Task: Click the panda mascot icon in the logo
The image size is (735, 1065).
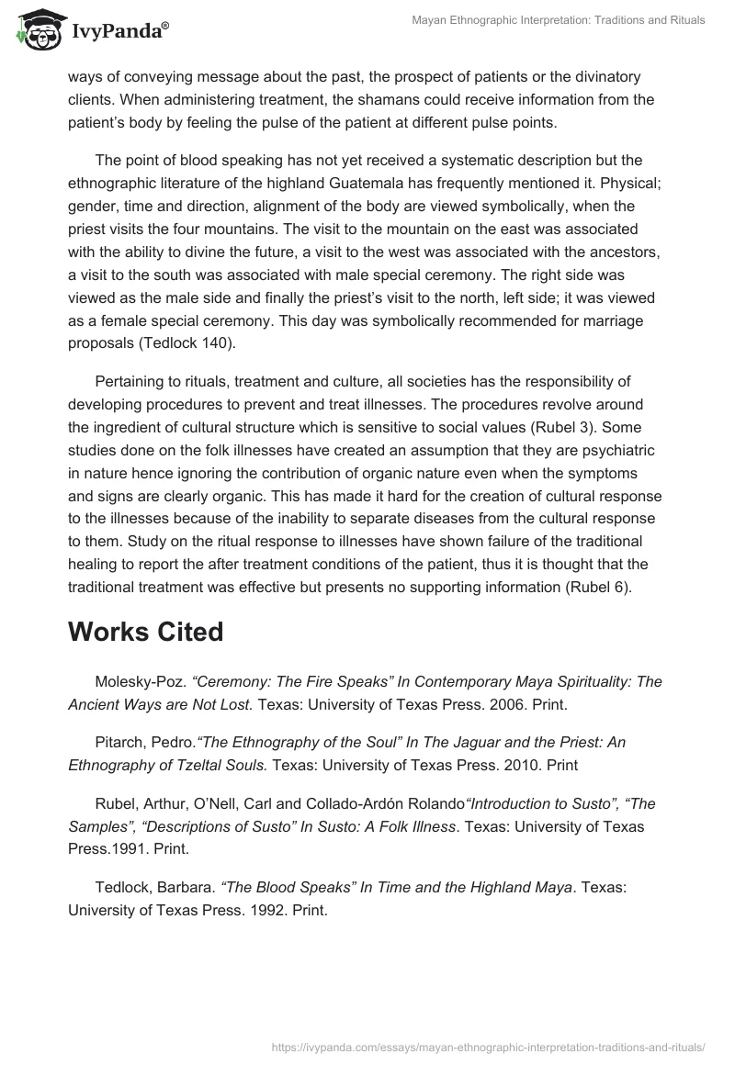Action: point(37,29)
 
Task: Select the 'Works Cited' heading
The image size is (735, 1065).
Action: point(145,632)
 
